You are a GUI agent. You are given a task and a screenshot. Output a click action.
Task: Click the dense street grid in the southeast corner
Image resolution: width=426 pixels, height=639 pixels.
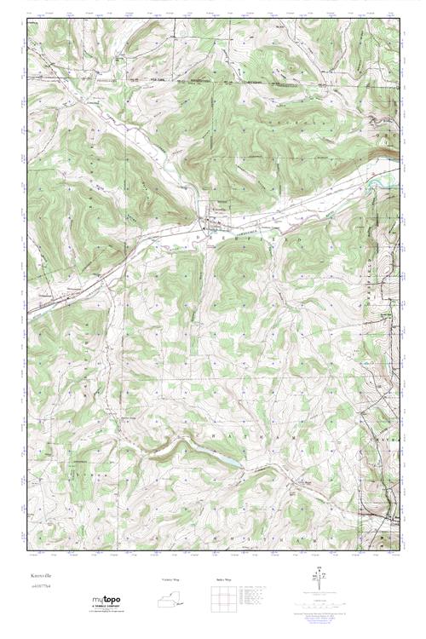pos(389,515)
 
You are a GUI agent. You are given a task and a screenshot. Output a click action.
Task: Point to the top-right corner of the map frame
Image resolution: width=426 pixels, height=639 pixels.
pos(399,17)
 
